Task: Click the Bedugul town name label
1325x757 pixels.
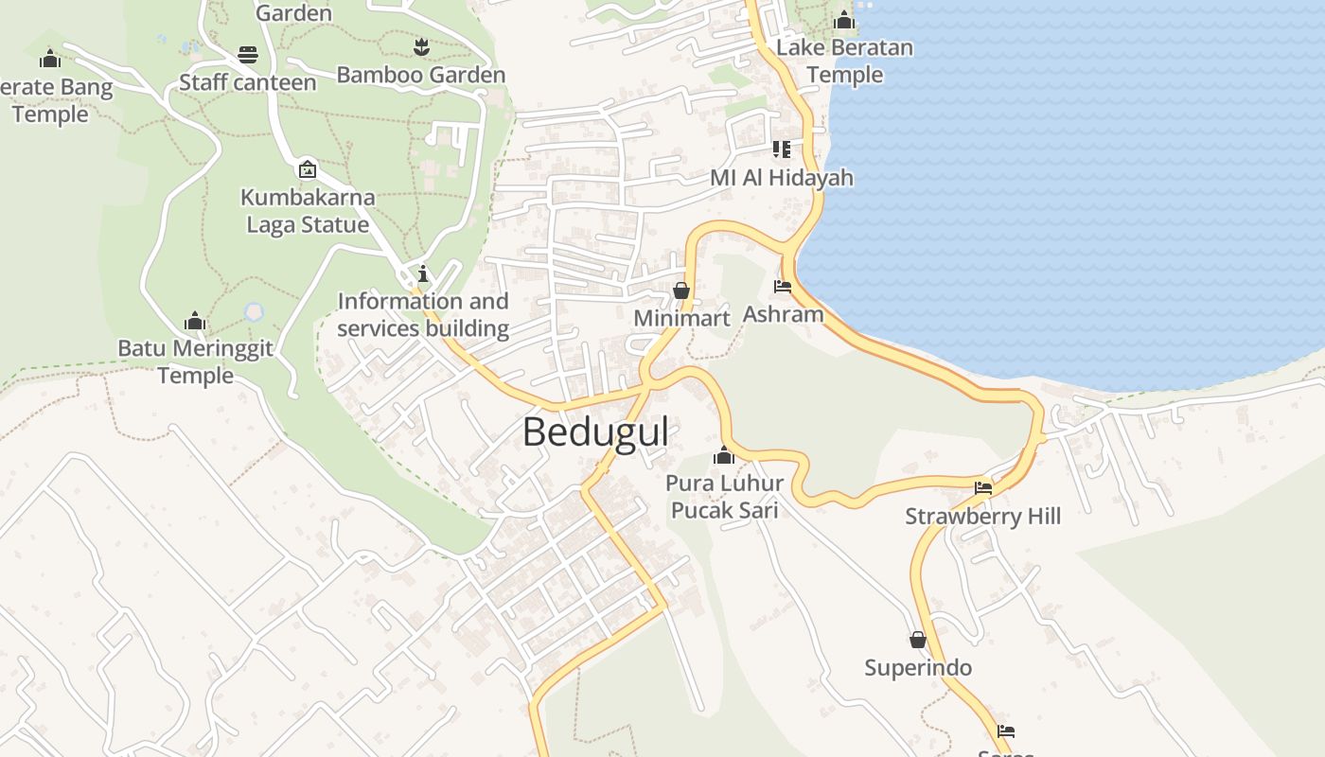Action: (x=595, y=432)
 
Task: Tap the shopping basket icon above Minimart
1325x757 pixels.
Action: (x=680, y=290)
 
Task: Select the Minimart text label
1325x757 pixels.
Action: (x=681, y=318)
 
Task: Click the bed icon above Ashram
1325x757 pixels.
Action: (x=783, y=286)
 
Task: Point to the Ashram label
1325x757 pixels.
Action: (x=783, y=313)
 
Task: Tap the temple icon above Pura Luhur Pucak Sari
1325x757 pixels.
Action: (x=724, y=456)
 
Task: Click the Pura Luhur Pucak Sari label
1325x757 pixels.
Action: (x=724, y=497)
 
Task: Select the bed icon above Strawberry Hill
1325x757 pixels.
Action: (x=983, y=488)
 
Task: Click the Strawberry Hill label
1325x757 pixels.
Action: (x=982, y=516)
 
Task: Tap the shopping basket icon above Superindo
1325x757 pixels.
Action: (x=917, y=640)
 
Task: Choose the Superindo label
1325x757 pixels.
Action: (x=917, y=668)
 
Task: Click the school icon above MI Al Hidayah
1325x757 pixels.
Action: (x=781, y=150)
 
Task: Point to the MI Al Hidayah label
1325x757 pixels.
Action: (x=781, y=178)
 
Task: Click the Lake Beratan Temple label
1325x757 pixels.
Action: (x=844, y=61)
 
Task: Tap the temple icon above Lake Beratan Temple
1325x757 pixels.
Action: (x=844, y=20)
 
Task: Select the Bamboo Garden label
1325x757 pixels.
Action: (x=420, y=75)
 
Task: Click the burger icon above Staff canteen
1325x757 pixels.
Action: (x=248, y=55)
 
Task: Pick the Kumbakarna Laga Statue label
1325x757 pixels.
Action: (x=308, y=211)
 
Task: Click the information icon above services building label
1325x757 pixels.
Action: (x=422, y=274)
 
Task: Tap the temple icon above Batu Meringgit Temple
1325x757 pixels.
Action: (x=195, y=321)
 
